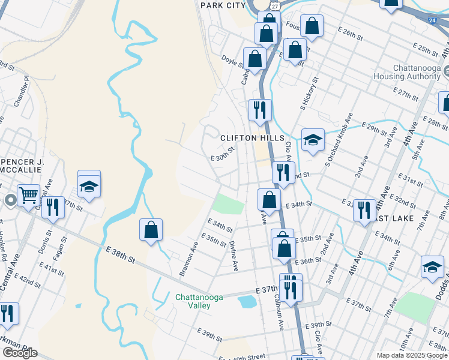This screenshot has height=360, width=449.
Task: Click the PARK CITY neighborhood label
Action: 223,5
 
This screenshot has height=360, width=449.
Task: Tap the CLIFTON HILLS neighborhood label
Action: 252,138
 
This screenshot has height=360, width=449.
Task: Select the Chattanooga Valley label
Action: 193,301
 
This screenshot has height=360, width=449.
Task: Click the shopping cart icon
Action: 28,194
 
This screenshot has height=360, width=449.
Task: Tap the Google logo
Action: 20,353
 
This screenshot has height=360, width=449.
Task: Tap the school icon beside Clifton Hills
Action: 313,140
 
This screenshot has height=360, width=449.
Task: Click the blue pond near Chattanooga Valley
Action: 247,301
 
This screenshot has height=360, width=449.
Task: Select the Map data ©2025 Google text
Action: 412,355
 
